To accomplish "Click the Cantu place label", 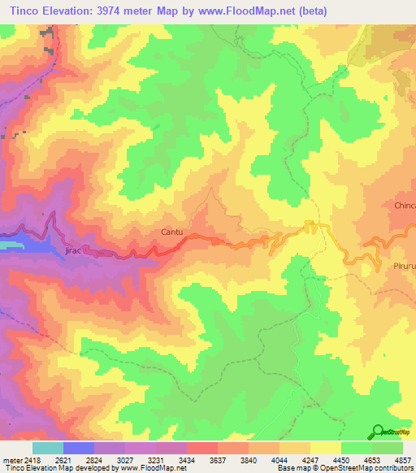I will coord(171,233).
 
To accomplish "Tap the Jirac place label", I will coord(73,252).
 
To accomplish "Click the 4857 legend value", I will coord(403,459).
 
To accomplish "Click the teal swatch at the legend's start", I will coord(48,448).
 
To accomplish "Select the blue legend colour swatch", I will coord(79,448).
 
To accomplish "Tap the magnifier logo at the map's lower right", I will coord(379,432).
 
